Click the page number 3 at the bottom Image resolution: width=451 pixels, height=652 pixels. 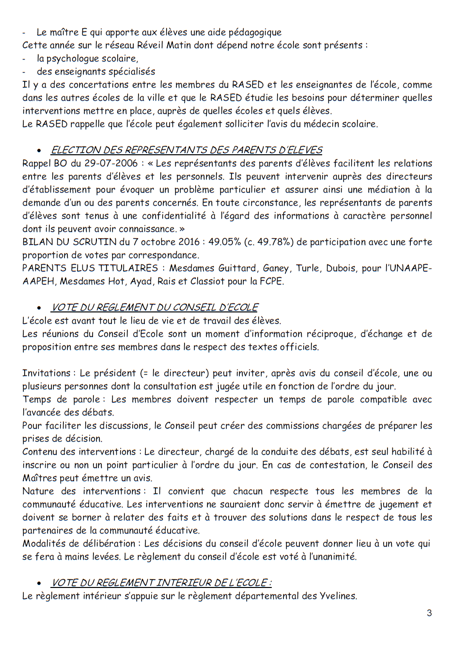pos(429,613)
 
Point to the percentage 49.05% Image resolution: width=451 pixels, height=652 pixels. pos(225,242)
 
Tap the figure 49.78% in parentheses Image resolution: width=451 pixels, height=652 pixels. pos(275,242)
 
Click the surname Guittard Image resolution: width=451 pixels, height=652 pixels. pos(237,268)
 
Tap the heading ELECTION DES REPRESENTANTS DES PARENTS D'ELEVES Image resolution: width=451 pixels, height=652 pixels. pos(187,150)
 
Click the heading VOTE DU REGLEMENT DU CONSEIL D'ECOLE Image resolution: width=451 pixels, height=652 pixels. pos(155,308)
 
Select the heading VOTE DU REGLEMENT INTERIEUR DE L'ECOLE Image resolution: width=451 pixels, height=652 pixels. pos(161,583)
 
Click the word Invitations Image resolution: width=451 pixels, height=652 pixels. pos(47,373)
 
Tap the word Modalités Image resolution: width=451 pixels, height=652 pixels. pos(45,543)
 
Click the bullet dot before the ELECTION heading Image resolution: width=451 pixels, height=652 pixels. pos(39,151)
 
